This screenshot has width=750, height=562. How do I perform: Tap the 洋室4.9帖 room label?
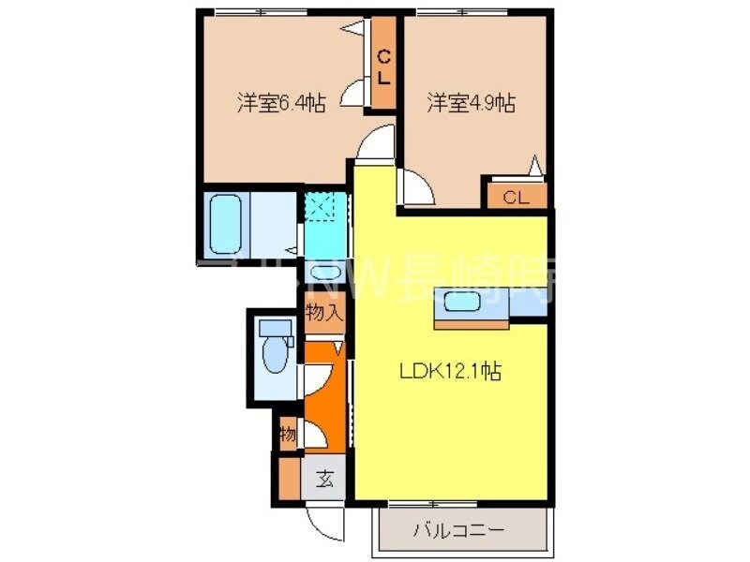tap(471, 103)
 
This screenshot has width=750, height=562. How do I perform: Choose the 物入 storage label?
tap(323, 314)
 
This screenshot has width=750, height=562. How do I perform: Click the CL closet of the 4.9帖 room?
tap(515, 197)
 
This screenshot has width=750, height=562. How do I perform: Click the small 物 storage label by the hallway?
tap(288, 435)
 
